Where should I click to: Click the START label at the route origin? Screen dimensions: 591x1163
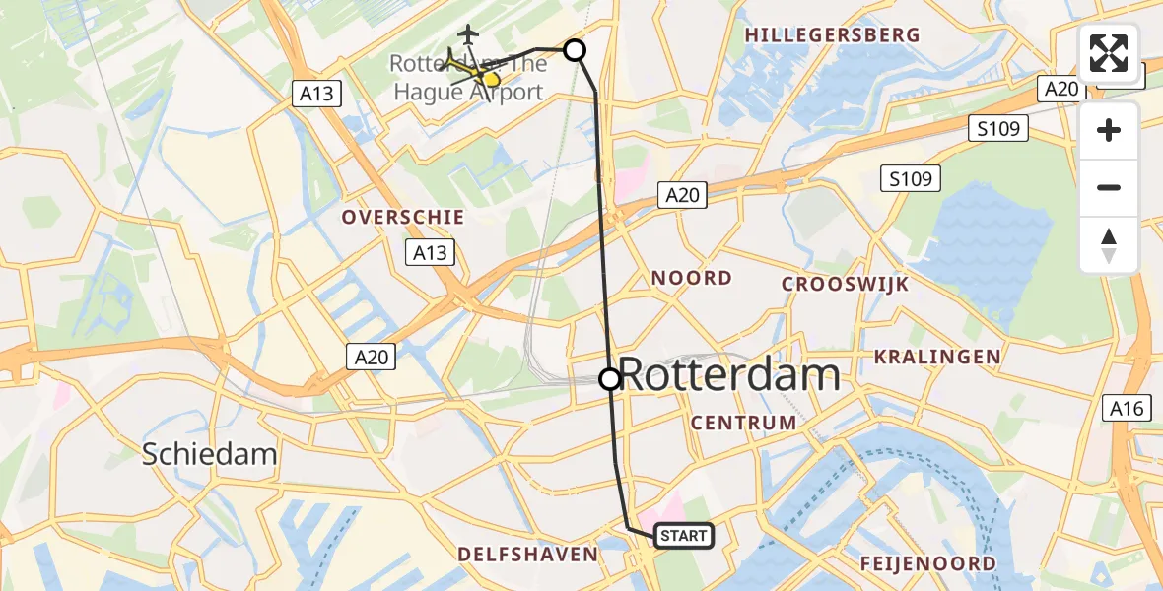point(682,536)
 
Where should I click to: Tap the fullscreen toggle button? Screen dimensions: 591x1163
point(1109,53)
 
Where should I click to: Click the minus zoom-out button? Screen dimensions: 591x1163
point(1109,187)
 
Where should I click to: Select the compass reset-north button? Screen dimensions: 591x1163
point(1109,244)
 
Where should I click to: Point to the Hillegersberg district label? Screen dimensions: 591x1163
point(832,35)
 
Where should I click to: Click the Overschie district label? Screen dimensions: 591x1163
point(402,217)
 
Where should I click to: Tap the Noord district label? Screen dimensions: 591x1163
point(691,278)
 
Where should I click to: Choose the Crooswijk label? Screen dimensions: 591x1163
point(845,284)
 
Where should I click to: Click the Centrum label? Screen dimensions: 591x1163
point(744,423)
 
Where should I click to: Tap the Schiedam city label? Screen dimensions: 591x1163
point(209,454)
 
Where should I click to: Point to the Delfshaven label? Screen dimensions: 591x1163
point(527,555)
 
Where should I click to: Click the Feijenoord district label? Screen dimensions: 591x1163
point(927,563)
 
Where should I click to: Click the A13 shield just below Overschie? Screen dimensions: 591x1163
point(430,252)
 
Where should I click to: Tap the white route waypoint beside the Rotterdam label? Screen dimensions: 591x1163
point(610,378)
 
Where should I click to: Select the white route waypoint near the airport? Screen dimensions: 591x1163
point(574,49)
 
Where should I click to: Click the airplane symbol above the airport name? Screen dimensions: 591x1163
point(468,34)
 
